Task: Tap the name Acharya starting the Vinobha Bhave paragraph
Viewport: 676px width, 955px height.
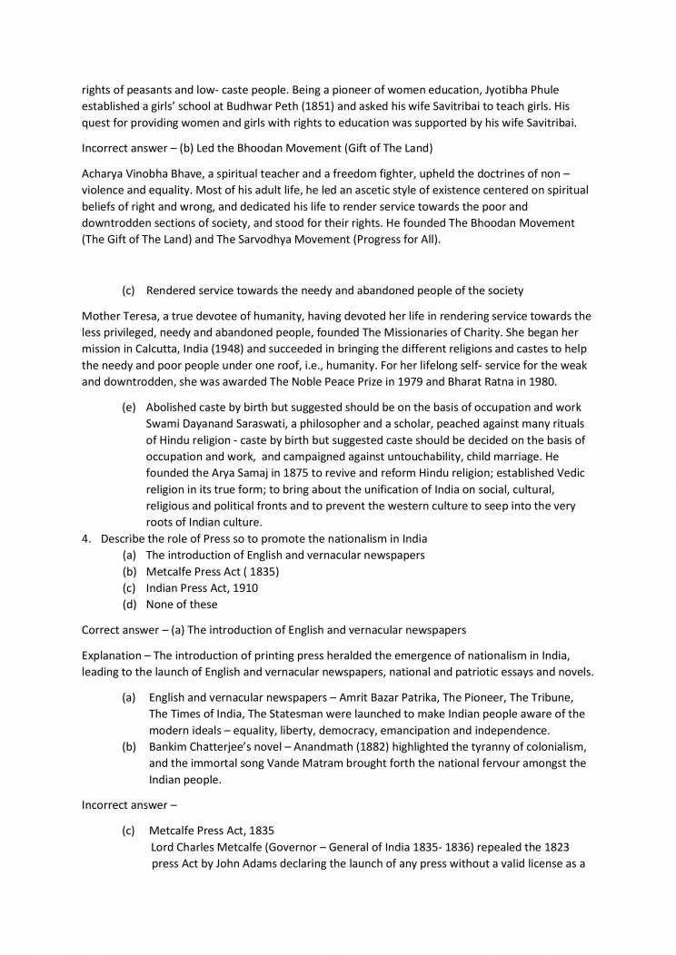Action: click(104, 173)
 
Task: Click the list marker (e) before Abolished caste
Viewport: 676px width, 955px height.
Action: click(129, 407)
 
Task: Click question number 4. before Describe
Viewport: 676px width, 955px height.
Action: click(86, 539)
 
